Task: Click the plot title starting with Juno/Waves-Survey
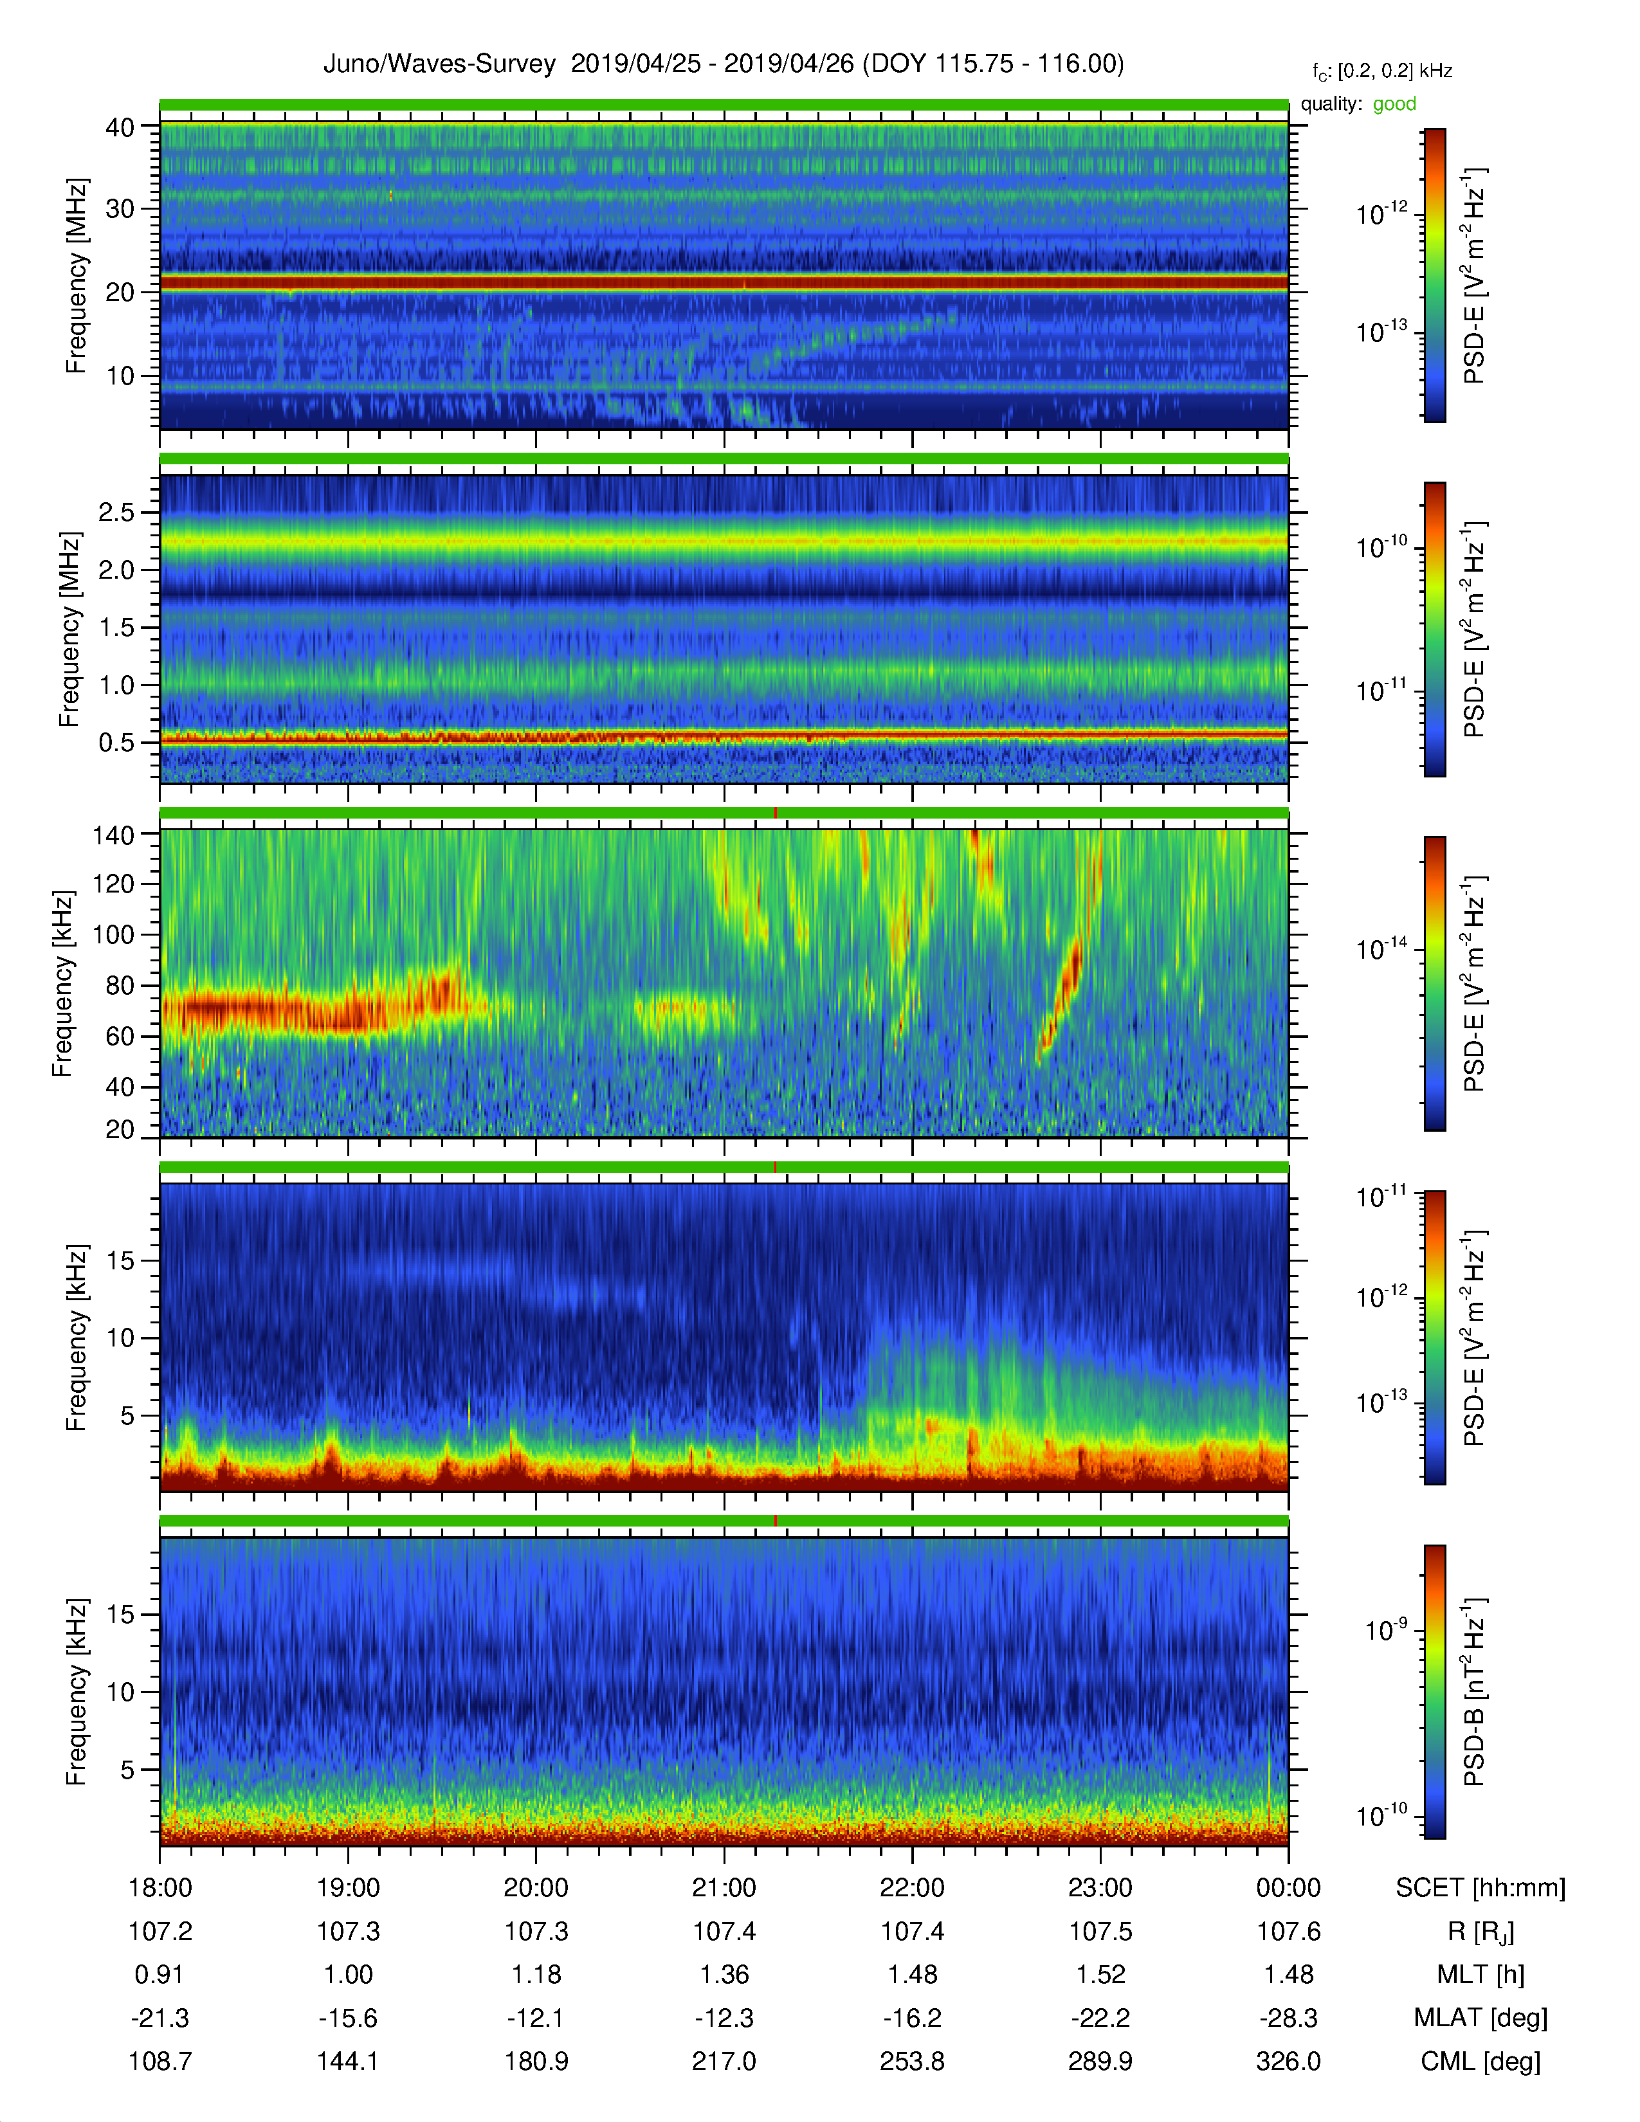pos(724,64)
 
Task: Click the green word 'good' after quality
pos(1394,104)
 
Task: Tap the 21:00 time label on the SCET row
pos(724,1888)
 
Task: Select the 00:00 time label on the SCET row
pos(1288,1888)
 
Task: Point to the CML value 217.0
pos(724,2061)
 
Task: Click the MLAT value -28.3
pos(1288,2018)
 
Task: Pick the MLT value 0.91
pos(159,1974)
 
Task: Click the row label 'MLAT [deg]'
pos(1480,2018)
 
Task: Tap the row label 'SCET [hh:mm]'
pos(1480,1888)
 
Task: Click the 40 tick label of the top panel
pos(120,127)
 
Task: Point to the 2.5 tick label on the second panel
pos(116,512)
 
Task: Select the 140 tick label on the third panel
pos(113,835)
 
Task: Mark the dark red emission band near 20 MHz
pos(724,283)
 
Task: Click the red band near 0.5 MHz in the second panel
pos(724,736)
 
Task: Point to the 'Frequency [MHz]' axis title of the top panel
pos(76,276)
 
